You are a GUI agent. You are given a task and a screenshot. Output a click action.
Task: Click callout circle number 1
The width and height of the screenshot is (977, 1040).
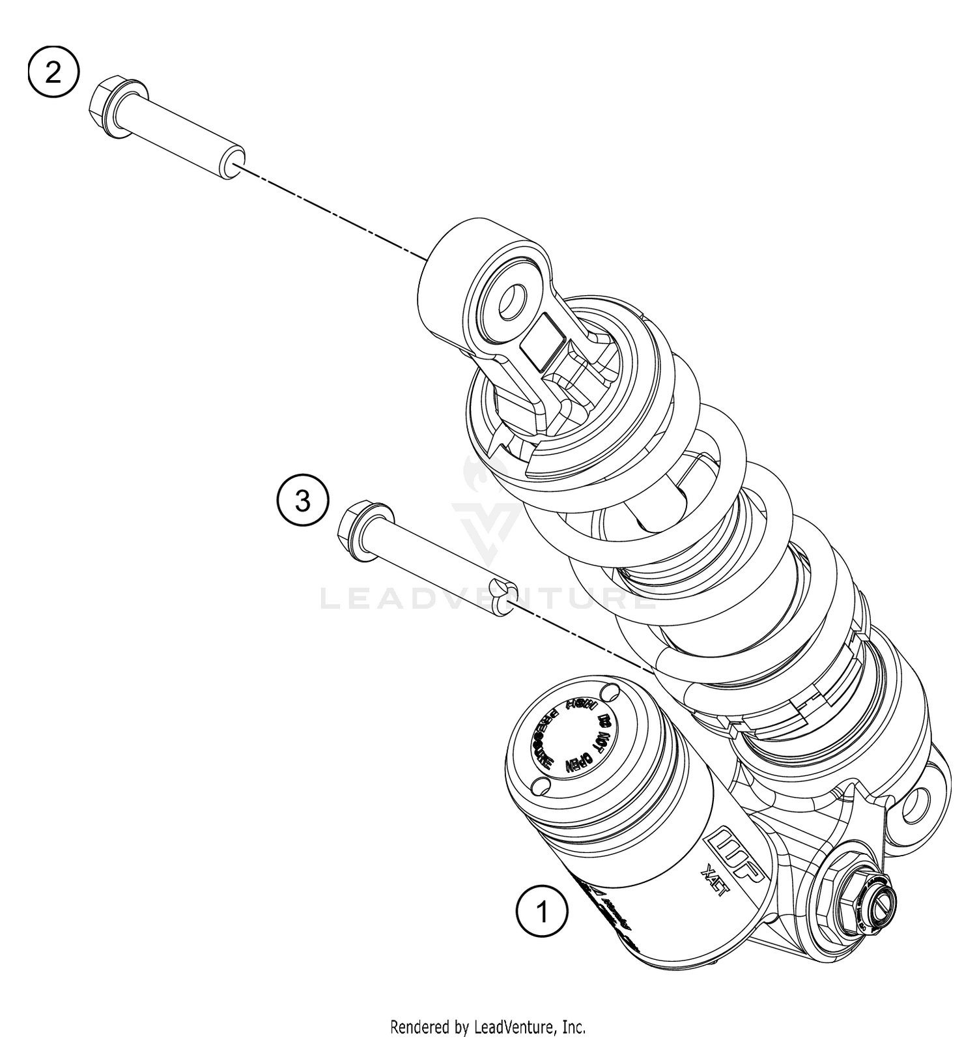(x=542, y=911)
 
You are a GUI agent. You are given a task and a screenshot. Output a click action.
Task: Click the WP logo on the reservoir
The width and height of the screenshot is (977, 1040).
(x=738, y=855)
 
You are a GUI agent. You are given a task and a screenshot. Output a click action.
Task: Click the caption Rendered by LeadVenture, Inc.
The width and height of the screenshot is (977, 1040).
(x=488, y=1028)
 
